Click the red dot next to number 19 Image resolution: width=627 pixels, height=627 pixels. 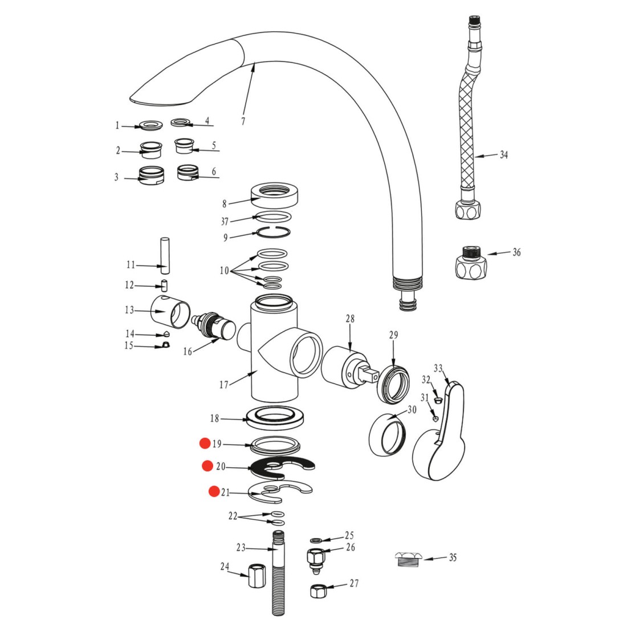coord(205,443)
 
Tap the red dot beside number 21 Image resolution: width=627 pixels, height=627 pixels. coord(214,491)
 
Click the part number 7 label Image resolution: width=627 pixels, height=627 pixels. coord(243,121)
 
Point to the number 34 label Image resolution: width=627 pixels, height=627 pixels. coord(504,154)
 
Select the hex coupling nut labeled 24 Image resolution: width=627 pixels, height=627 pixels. coord(256,576)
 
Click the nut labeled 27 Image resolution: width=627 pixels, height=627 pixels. coord(319,591)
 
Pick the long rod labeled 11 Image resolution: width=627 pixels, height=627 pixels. coord(165,256)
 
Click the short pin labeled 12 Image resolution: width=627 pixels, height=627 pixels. coord(164,286)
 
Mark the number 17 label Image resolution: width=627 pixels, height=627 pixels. coord(223,385)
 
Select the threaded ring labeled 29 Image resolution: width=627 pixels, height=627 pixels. coord(394,382)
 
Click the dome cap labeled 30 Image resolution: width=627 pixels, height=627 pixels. coord(386,434)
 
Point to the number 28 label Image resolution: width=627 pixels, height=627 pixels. coord(350,319)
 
